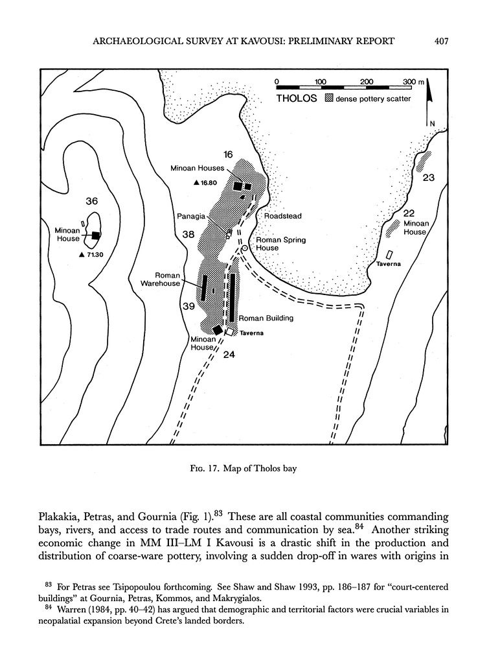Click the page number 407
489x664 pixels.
[442, 41]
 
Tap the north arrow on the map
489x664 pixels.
[428, 104]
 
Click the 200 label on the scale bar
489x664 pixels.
[366, 82]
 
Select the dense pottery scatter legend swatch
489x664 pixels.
[329, 99]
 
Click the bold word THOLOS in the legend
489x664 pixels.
[296, 99]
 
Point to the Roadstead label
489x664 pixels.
[282, 216]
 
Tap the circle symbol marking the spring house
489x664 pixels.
[245, 248]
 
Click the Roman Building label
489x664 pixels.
[266, 318]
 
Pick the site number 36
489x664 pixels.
[91, 202]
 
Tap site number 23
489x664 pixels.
[428, 177]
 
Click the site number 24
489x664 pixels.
[228, 354]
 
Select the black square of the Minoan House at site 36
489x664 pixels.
[97, 236]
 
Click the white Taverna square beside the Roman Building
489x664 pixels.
[229, 331]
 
